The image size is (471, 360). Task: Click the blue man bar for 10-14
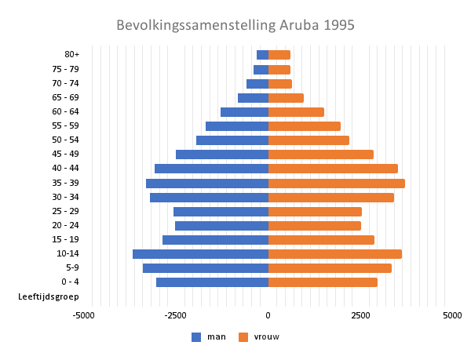click(200, 253)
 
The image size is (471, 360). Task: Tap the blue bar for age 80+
click(262, 55)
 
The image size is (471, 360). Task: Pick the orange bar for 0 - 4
click(323, 282)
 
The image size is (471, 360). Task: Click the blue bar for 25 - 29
click(221, 211)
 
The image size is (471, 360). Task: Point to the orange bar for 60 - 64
click(296, 112)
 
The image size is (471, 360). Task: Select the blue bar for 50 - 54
click(232, 140)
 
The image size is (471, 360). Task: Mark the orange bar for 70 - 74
click(280, 83)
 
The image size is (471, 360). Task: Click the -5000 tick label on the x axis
click(83, 315)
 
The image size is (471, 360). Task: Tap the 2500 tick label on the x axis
click(360, 315)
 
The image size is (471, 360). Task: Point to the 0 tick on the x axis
click(268, 315)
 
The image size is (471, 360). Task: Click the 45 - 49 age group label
click(65, 154)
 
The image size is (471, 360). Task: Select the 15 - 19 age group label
click(65, 239)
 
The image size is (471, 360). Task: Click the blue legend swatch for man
click(196, 337)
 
